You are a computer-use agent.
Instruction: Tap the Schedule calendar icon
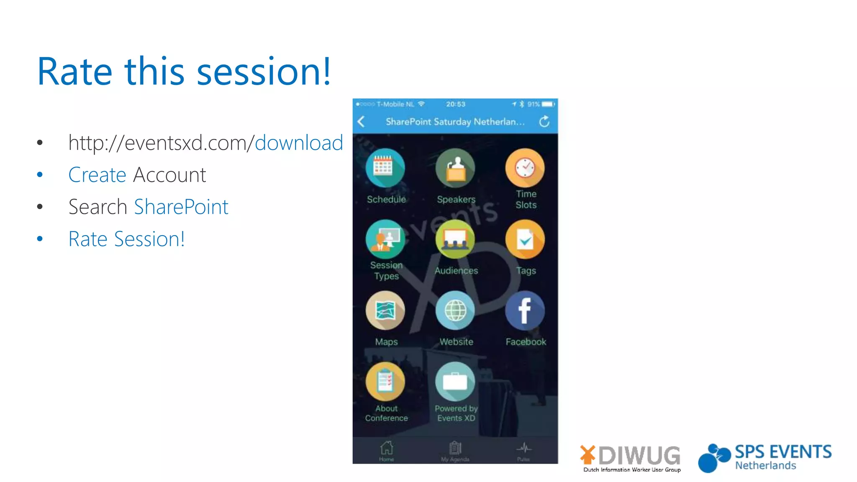(x=385, y=168)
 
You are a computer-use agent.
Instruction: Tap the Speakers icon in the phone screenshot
(x=455, y=168)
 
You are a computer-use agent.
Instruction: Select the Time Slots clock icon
(x=525, y=168)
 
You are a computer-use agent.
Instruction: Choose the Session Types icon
(x=385, y=239)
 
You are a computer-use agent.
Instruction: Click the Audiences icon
(x=455, y=239)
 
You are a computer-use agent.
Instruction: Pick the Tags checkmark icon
(x=525, y=239)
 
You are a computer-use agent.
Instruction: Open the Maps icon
(x=385, y=310)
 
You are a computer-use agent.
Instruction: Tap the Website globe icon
(x=455, y=310)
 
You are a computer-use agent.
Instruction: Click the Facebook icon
(x=525, y=310)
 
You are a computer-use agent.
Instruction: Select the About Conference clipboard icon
(x=385, y=382)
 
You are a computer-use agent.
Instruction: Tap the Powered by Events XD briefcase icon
(x=455, y=382)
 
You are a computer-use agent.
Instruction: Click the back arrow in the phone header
(x=362, y=122)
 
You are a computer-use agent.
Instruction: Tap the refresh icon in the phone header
(x=544, y=122)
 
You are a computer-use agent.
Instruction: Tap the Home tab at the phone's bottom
(x=386, y=450)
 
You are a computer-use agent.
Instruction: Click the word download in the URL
(x=299, y=143)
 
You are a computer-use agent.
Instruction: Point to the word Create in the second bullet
(x=97, y=175)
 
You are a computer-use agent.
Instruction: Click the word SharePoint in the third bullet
(x=181, y=207)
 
